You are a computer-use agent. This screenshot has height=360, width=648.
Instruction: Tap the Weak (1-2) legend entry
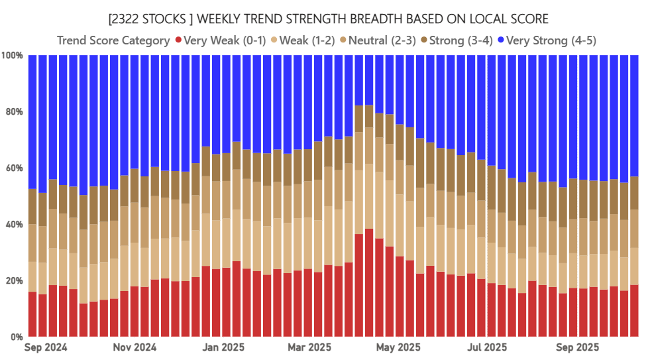307,40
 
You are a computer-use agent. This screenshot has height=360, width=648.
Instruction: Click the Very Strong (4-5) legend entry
549,40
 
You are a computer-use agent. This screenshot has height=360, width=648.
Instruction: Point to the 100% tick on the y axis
13,56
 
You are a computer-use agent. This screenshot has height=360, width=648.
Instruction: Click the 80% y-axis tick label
15,112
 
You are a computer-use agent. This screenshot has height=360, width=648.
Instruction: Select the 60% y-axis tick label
15,168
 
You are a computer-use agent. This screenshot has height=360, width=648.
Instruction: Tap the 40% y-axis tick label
15,225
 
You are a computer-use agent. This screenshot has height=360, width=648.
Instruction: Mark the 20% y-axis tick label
15,281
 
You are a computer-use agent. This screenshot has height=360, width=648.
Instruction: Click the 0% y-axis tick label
17,337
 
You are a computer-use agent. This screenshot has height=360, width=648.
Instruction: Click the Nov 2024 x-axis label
135,347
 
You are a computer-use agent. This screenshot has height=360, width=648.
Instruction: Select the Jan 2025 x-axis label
223,347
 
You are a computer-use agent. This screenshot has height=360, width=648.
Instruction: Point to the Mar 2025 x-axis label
310,347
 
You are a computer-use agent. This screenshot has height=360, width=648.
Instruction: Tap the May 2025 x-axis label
398,347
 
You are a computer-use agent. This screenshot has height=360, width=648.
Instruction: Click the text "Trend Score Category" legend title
113,40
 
